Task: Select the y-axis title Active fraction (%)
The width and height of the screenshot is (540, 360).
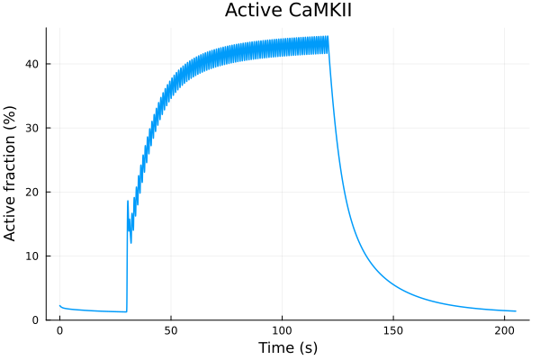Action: (x=12, y=173)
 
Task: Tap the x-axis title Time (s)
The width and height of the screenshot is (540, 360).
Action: (x=288, y=347)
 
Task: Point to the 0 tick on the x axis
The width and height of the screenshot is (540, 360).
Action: (x=59, y=330)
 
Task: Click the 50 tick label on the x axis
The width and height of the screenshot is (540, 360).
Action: (x=171, y=330)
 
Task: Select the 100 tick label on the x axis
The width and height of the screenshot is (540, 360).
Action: (x=283, y=330)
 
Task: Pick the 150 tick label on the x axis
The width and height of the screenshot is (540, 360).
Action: (x=394, y=330)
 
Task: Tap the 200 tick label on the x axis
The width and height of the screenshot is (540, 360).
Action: (x=505, y=330)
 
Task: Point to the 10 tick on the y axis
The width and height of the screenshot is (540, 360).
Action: (x=32, y=256)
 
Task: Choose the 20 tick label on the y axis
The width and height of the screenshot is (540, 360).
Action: (x=32, y=192)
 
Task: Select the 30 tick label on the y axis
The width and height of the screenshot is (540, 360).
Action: (x=32, y=128)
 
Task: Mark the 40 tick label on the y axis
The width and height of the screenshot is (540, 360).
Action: (x=32, y=64)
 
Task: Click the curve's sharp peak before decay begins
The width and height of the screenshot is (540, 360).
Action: (x=328, y=37)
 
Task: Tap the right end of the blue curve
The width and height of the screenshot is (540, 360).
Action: (x=516, y=311)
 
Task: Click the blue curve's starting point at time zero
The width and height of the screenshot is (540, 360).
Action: (x=59, y=305)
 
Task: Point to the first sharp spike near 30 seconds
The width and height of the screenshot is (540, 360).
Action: (x=128, y=201)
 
